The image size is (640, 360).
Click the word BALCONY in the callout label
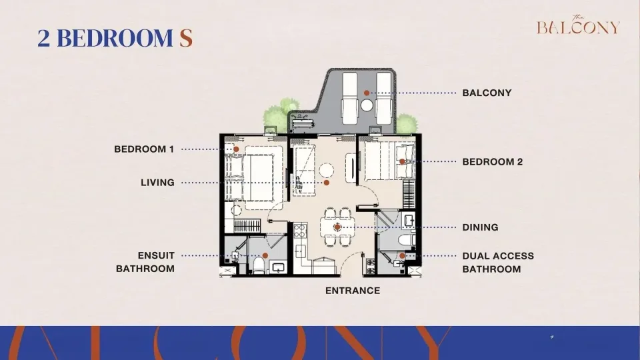(x=487, y=93)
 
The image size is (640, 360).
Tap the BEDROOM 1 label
(x=144, y=149)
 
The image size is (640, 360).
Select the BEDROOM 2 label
(x=492, y=162)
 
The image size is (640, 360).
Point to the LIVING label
(x=157, y=183)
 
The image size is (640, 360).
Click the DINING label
(x=480, y=227)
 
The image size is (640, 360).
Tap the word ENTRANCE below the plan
(x=353, y=291)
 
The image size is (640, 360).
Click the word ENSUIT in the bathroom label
(x=156, y=256)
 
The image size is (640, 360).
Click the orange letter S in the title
(x=186, y=38)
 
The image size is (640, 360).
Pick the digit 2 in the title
(x=44, y=38)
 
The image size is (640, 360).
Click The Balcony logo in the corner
(x=578, y=25)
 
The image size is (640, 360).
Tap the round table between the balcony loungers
(x=367, y=105)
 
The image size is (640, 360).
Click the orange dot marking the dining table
(x=337, y=227)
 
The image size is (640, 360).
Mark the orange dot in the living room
(x=327, y=183)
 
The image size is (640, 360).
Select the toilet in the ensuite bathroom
(x=259, y=265)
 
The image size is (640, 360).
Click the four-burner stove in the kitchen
(x=300, y=231)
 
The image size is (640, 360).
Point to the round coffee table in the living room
(x=327, y=170)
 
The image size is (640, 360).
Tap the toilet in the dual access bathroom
(x=408, y=239)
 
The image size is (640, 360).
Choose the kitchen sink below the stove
(x=300, y=251)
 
